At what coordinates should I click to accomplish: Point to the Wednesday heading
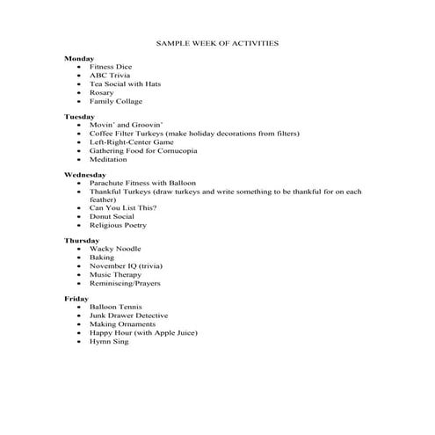pyautogui.click(x=84, y=174)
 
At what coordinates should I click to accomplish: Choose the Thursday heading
pyautogui.click(x=81, y=240)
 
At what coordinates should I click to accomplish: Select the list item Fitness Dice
pyautogui.click(x=110, y=67)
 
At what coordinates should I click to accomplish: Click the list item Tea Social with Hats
pyautogui.click(x=125, y=83)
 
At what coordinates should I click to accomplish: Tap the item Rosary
pyautogui.click(x=102, y=92)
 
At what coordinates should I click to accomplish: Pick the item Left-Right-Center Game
pyautogui.click(x=132, y=141)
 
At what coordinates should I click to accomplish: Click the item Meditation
pyautogui.click(x=108, y=159)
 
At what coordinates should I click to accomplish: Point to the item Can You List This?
pyautogui.click(x=123, y=207)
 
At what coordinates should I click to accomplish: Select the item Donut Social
pyautogui.click(x=112, y=216)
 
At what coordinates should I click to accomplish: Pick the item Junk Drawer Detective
pyautogui.click(x=128, y=315)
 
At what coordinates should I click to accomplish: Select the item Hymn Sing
pyautogui.click(x=107, y=341)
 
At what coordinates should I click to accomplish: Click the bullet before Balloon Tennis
pyautogui.click(x=80, y=308)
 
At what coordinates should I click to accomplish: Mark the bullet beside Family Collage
pyautogui.click(x=80, y=101)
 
